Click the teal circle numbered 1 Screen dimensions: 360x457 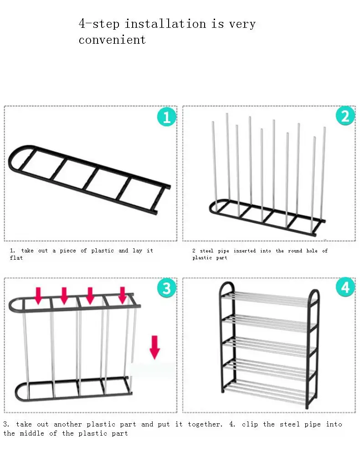click(x=167, y=117)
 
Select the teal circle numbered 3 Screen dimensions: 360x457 click(x=167, y=288)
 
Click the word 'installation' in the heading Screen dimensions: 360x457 click(x=165, y=24)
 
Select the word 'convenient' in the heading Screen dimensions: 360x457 click(x=112, y=40)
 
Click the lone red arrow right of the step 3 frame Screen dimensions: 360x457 click(x=155, y=347)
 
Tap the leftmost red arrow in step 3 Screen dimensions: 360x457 click(x=38, y=296)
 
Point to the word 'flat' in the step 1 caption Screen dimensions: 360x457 click(x=16, y=257)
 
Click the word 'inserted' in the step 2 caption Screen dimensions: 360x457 click(x=245, y=251)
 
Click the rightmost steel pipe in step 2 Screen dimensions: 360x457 click(x=323, y=174)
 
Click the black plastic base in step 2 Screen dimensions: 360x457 click(x=267, y=217)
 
